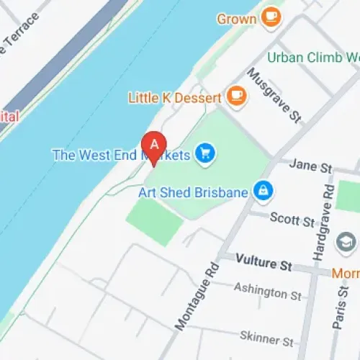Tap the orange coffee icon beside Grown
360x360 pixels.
tap(271, 17)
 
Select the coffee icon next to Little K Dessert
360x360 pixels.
tap(235, 95)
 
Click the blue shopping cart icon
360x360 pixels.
tap(207, 153)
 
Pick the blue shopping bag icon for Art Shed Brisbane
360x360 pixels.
tap(264, 192)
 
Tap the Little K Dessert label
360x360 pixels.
tap(175, 96)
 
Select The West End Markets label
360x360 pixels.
tap(120, 154)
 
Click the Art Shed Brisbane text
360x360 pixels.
tap(193, 192)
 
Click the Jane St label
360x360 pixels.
tap(310, 166)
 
